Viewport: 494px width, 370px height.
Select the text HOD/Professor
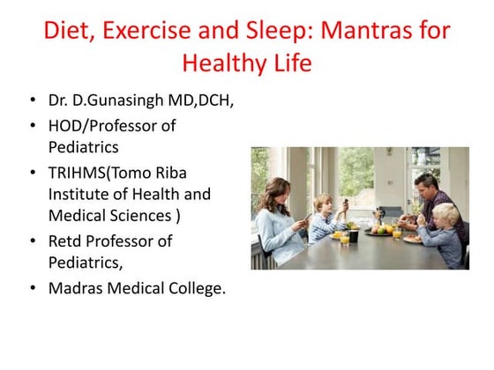coord(99,126)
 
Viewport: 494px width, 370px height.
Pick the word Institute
coord(79,194)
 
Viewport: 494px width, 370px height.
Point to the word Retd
coord(67,240)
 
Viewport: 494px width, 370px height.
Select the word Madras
coord(78,287)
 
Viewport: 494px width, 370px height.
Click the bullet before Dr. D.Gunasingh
coord(33,101)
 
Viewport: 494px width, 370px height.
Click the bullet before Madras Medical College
coord(33,288)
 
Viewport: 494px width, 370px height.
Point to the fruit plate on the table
coord(380,230)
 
